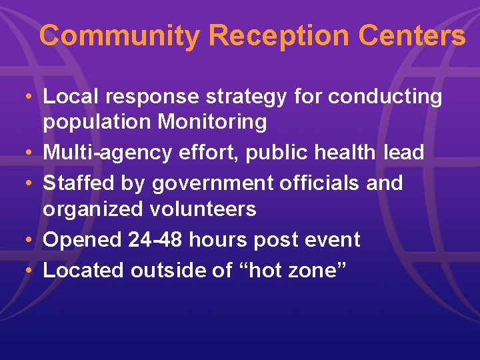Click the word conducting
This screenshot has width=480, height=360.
(385, 97)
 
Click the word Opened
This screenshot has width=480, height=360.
(83, 240)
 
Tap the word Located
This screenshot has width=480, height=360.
(84, 270)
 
